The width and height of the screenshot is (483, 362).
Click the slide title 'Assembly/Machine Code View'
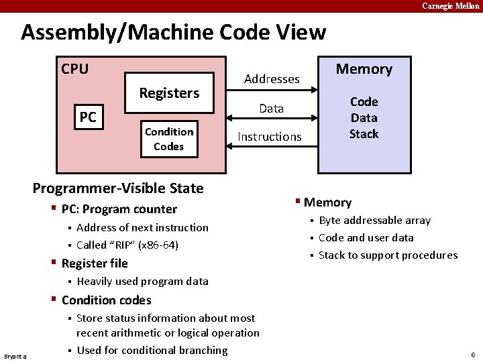tap(173, 32)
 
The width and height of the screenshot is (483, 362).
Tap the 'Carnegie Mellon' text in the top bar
tap(450, 6)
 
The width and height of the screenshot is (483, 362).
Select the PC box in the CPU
tap(88, 118)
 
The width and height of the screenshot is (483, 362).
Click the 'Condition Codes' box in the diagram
tap(168, 139)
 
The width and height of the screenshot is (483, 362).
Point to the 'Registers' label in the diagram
tap(169, 93)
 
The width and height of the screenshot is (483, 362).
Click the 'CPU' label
tap(74, 69)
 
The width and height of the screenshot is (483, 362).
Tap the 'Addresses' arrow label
tap(272, 79)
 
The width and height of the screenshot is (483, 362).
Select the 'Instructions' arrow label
tap(270, 137)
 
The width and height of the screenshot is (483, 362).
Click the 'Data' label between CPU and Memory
tap(272, 109)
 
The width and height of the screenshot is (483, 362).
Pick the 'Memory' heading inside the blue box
tap(364, 69)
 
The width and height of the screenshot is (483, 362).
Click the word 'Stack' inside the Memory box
tap(364, 134)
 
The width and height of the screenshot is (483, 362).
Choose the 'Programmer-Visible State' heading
tap(118, 188)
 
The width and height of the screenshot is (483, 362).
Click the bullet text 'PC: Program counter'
tap(119, 209)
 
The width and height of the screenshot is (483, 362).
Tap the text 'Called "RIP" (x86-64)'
tap(127, 245)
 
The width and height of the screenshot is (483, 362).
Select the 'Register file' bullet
tap(94, 263)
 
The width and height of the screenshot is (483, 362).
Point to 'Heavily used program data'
tap(142, 281)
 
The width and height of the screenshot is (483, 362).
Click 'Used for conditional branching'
tap(152, 350)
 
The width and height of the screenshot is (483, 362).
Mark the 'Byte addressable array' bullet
tap(374, 221)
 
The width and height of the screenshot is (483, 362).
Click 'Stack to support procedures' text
tap(388, 255)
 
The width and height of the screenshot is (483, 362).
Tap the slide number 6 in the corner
tap(472, 354)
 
